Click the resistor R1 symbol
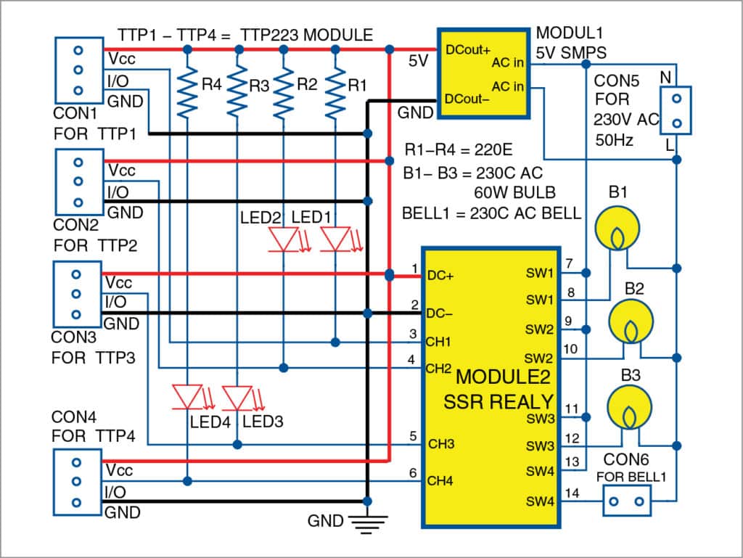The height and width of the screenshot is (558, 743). point(335,92)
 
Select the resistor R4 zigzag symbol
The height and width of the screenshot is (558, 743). point(188,92)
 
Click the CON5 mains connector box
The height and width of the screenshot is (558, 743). point(675,110)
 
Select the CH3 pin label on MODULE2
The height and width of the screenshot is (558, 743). point(441,444)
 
